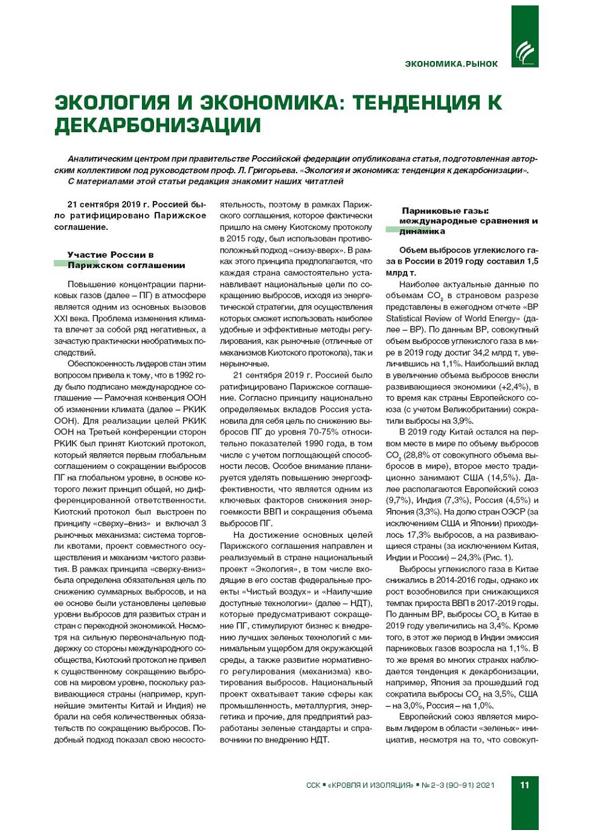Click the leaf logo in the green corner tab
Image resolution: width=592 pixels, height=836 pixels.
coord(524,53)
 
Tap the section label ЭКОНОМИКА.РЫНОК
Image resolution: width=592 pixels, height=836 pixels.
coord(451,64)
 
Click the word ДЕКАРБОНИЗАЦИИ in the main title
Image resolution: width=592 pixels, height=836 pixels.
coord(158,125)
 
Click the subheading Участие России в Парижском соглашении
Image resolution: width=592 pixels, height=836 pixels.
coord(126,260)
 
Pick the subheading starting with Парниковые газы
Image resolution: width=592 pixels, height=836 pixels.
coord(462,221)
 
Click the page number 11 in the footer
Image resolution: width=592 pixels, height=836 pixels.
coord(524,785)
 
